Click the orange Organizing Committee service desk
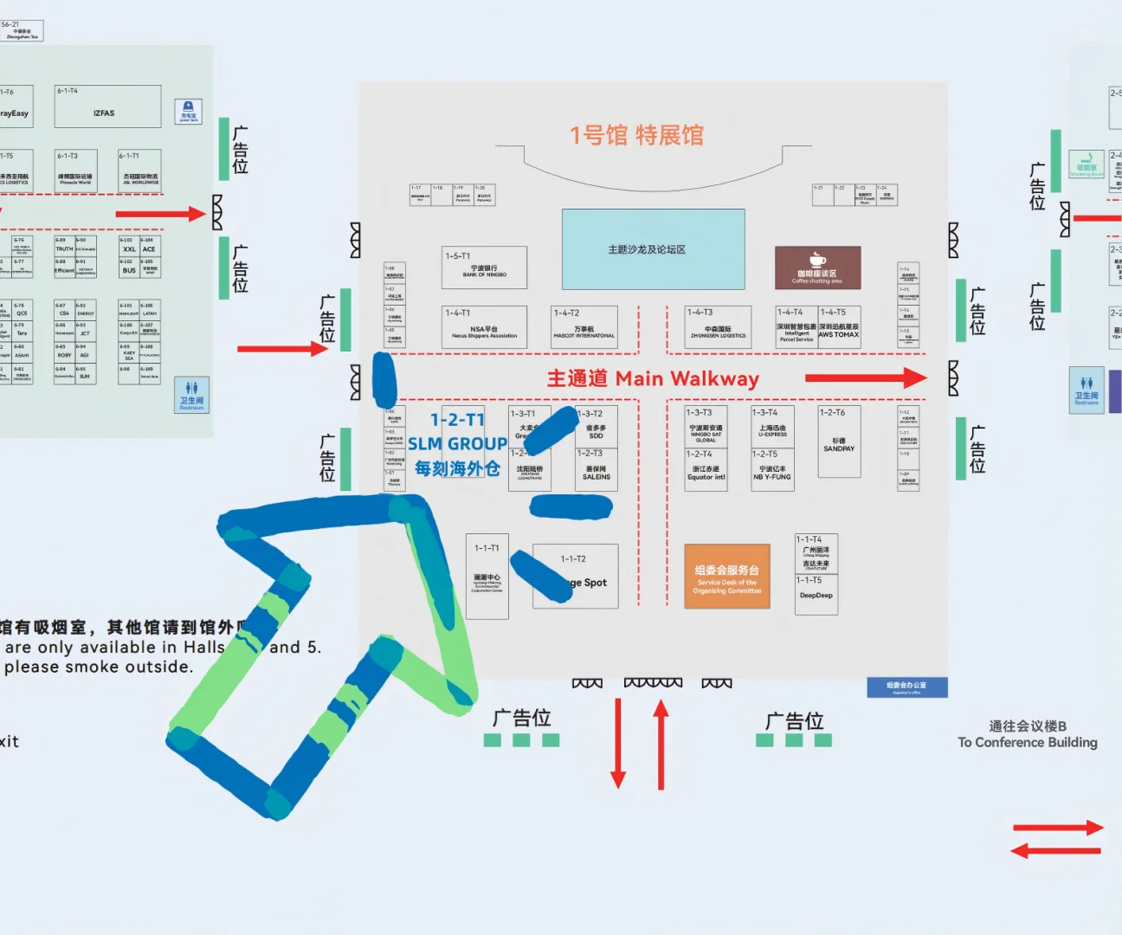(x=726, y=576)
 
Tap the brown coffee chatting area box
(x=817, y=268)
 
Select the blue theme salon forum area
(x=653, y=249)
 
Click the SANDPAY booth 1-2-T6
(x=839, y=442)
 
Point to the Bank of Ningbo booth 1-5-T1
(x=484, y=268)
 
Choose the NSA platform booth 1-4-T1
(x=484, y=327)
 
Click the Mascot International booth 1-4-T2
(x=584, y=327)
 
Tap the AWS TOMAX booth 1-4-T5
(x=839, y=327)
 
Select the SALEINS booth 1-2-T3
(x=596, y=470)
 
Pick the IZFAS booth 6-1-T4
(x=107, y=106)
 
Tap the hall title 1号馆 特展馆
(x=636, y=135)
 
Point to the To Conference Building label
(x=1028, y=735)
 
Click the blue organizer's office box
(x=907, y=687)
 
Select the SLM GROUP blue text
(x=457, y=444)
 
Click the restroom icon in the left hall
(x=191, y=394)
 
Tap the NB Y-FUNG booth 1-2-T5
(x=772, y=471)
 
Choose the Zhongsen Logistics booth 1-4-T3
(x=718, y=327)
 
